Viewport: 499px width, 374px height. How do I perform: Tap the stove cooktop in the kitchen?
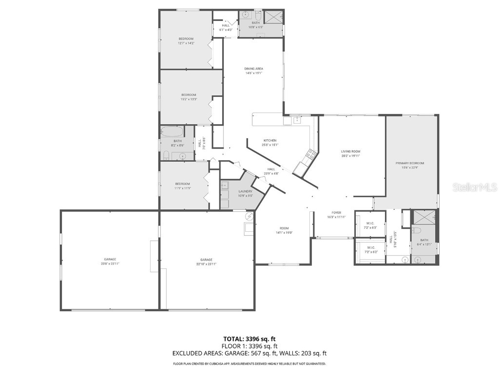click(x=310, y=155)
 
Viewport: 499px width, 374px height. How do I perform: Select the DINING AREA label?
click(x=253, y=69)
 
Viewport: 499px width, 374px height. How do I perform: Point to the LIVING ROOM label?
click(x=350, y=151)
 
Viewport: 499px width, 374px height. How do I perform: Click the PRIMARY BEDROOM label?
click(x=412, y=163)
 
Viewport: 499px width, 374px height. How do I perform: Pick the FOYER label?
click(x=336, y=212)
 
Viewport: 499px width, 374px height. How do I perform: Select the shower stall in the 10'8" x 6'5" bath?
click(x=273, y=17)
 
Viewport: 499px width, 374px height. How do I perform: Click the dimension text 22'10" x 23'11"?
click(x=207, y=264)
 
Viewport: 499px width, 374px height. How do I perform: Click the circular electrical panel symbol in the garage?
click(x=249, y=216)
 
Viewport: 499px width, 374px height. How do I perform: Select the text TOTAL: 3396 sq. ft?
click(x=249, y=339)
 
